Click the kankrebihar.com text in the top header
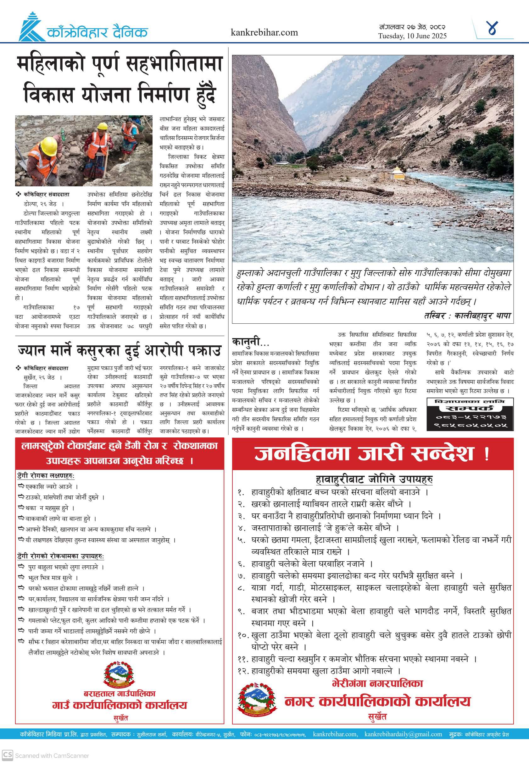[x=264, y=32]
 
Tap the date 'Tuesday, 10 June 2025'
[x=412, y=36]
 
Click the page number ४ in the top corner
[x=493, y=28]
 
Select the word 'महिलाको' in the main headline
[x=51, y=64]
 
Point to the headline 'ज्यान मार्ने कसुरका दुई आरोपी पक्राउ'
[x=119, y=350]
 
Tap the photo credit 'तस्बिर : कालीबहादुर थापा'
[x=467, y=316]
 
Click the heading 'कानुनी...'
[x=251, y=341]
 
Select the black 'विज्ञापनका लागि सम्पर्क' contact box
[x=470, y=414]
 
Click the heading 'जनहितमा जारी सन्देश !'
[x=372, y=453]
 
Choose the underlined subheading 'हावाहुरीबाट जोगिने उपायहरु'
[x=374, y=479]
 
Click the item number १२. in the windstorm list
[x=243, y=671]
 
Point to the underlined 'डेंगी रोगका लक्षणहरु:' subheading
[x=46, y=476]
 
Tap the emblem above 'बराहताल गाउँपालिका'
[x=119, y=674]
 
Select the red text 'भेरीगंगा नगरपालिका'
[x=377, y=683]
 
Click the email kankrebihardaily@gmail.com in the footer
[x=403, y=734]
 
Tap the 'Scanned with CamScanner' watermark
[x=52, y=756]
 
